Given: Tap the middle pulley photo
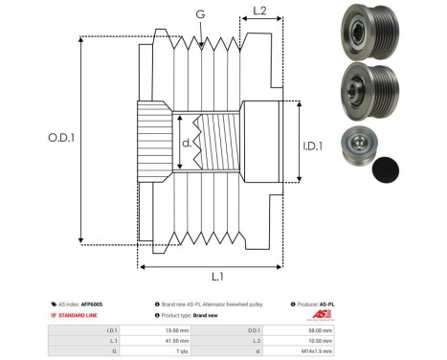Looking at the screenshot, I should pos(360,91).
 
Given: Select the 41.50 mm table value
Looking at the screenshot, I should pos(178,340).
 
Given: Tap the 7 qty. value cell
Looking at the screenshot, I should pos(177,351).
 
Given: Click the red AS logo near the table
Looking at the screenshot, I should pos(320,315).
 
